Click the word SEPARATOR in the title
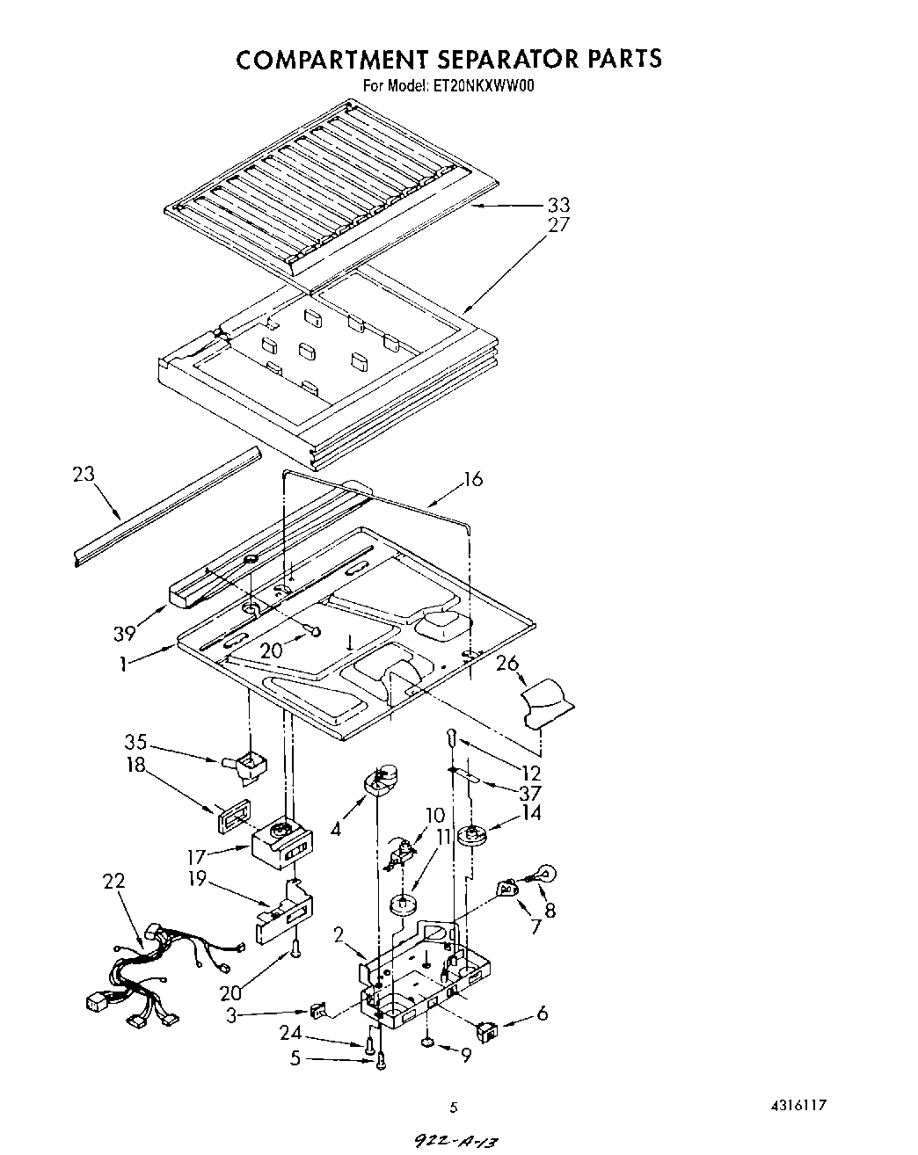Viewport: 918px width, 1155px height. point(503,58)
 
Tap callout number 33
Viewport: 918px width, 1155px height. point(558,205)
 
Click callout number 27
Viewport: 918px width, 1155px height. point(558,225)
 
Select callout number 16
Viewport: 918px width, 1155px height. point(473,479)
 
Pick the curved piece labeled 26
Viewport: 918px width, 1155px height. point(544,701)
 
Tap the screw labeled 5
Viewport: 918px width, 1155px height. point(380,1064)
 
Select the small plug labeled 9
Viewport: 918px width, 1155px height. point(426,1043)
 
